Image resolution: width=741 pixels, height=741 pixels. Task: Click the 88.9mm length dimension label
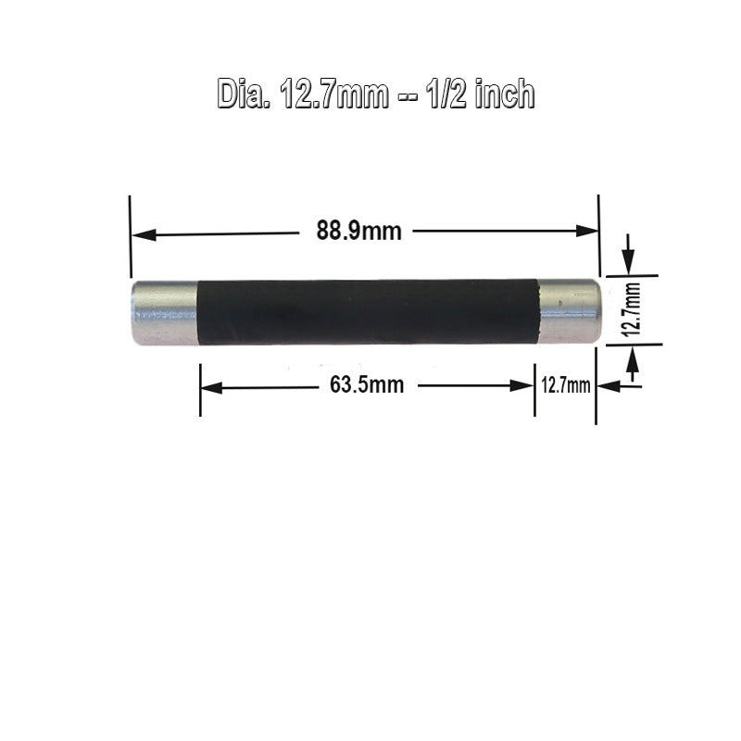click(358, 231)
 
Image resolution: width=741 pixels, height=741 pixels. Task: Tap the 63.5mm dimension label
click(367, 384)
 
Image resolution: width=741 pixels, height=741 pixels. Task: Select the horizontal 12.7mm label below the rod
click(566, 385)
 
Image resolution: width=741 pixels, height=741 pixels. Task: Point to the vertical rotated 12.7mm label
click(633, 309)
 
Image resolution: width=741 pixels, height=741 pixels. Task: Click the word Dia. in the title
click(244, 94)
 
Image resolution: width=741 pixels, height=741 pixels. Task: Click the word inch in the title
click(504, 94)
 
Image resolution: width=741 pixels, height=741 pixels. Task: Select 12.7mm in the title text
click(334, 94)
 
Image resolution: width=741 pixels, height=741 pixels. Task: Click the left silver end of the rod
click(165, 313)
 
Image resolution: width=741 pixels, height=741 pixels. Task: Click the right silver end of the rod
click(570, 311)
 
